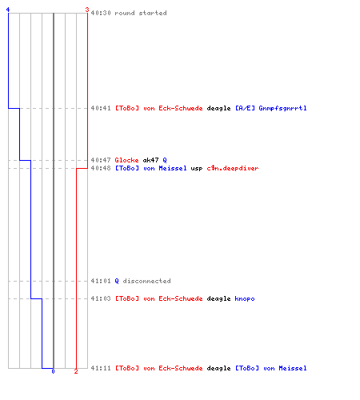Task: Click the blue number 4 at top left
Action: pos(8,10)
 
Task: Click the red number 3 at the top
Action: pos(87,10)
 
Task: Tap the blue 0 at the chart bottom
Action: pos(53,371)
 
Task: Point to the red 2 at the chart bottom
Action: pos(76,371)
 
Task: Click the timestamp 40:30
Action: pos(101,13)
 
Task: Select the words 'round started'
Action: pos(141,13)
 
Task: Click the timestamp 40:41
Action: pos(101,108)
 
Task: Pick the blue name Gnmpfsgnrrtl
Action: pos(282,108)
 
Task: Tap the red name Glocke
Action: pos(126,160)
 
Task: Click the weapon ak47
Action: pos(150,160)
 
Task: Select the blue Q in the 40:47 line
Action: pos(165,160)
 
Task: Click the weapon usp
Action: pos(197,169)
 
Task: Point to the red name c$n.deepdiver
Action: pos(233,168)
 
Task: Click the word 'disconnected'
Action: pos(146,281)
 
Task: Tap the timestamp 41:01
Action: pos(101,281)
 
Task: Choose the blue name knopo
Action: pos(245,298)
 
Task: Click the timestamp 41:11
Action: pos(101,368)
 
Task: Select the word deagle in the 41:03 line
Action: pos(218,298)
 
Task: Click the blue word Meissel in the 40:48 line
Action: pos(173,168)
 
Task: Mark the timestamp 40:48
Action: pos(101,168)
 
